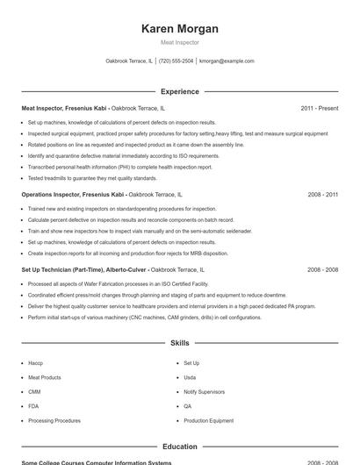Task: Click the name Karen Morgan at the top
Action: tap(179, 29)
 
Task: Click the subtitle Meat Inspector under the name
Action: tap(179, 42)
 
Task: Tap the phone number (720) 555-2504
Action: tap(176, 61)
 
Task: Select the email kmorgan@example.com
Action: tap(227, 61)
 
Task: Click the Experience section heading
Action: tap(179, 91)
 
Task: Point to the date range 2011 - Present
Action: tap(319, 108)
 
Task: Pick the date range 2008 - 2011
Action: tap(323, 194)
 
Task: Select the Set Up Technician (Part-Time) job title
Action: tap(63, 270)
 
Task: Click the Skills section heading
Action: tap(179, 343)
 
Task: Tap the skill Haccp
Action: tap(35, 362)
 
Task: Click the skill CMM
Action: tap(34, 391)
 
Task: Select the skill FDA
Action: tap(33, 406)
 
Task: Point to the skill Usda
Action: tap(190, 377)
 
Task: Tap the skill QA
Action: tap(187, 406)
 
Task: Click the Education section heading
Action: tap(179, 447)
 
